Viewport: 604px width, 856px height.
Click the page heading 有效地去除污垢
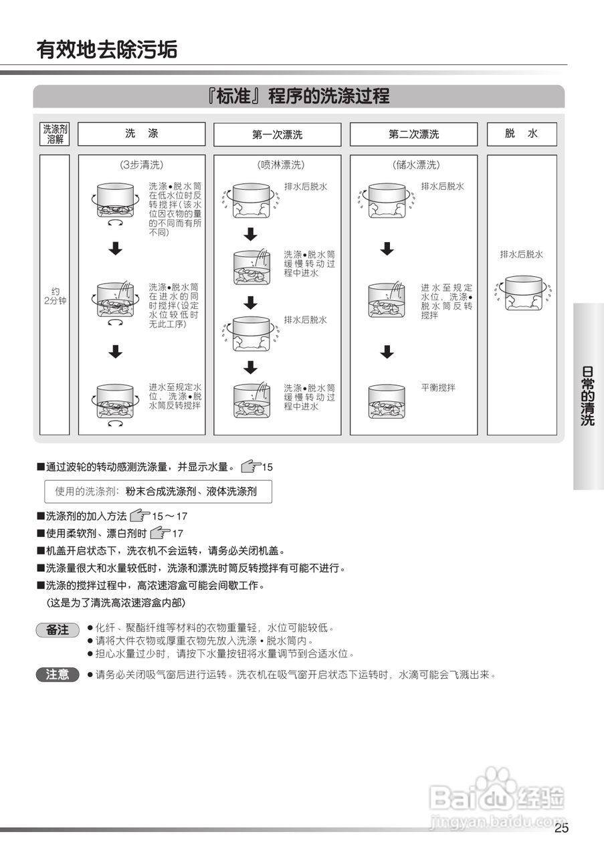pos(107,49)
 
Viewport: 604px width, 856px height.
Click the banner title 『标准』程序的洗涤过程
pos(298,96)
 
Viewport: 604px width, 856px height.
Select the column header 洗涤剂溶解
pos(55,134)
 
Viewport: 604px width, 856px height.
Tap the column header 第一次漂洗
pos(277,134)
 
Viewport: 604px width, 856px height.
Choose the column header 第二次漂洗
pos(413,134)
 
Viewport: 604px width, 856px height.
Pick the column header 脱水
pos(521,134)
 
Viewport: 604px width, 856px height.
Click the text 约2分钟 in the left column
pos(55,296)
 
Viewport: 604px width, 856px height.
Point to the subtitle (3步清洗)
pos(141,165)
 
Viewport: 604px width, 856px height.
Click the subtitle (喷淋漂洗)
pos(277,165)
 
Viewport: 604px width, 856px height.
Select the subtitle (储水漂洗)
pos(413,165)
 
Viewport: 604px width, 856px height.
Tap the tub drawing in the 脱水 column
pos(523,293)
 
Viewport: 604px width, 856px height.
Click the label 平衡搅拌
pos(437,387)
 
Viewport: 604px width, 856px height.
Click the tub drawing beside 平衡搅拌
pos(386,401)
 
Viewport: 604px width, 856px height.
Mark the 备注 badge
pos(58,630)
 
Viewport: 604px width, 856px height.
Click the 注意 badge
pos(58,675)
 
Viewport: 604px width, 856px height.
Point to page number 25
pos(561,829)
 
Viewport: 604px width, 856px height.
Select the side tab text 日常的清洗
pos(588,396)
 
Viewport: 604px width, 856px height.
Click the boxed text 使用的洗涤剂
pos(158,492)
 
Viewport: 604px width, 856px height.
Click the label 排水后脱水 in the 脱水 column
pos(522,254)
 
